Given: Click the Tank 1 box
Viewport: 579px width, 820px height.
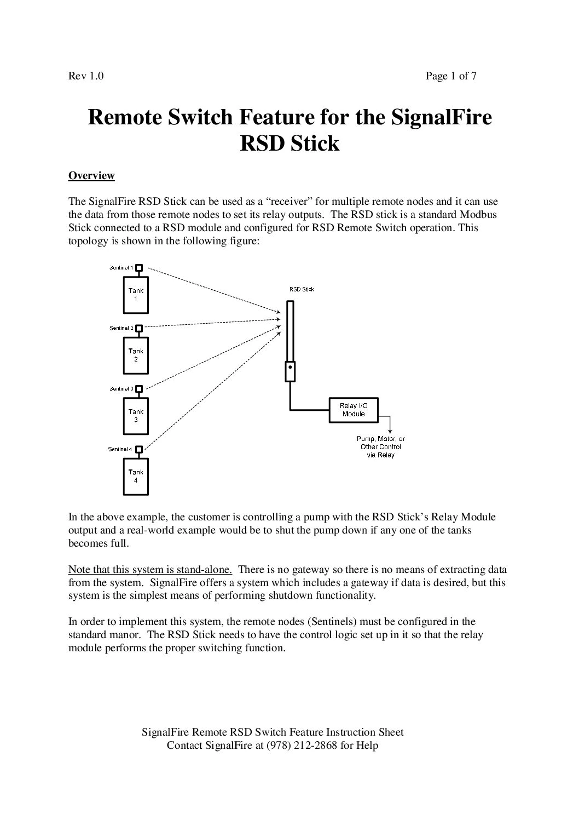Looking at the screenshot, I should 136,295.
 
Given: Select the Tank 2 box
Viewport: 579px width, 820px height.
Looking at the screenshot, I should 136,355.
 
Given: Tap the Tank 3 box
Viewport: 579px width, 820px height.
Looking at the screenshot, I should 136,416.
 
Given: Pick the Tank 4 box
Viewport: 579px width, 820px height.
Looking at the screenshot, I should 136,476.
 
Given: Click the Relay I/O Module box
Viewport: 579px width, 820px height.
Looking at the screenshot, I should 353,410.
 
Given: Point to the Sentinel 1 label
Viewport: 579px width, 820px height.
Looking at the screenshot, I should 121,267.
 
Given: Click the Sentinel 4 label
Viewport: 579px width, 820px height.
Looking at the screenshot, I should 120,449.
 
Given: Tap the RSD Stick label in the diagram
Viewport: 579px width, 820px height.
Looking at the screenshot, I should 302,289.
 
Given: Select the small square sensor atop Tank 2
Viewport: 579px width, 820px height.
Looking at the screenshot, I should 139,328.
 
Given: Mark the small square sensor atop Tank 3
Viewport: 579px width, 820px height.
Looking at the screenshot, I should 139,389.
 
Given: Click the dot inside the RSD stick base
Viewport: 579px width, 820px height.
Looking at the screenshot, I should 290,367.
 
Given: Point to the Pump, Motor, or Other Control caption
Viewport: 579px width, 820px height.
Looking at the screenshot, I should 381,446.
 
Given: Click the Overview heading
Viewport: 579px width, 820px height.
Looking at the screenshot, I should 91,176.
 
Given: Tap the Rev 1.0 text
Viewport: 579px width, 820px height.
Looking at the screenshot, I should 86,76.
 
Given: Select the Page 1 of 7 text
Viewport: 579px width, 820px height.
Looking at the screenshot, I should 451,76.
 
